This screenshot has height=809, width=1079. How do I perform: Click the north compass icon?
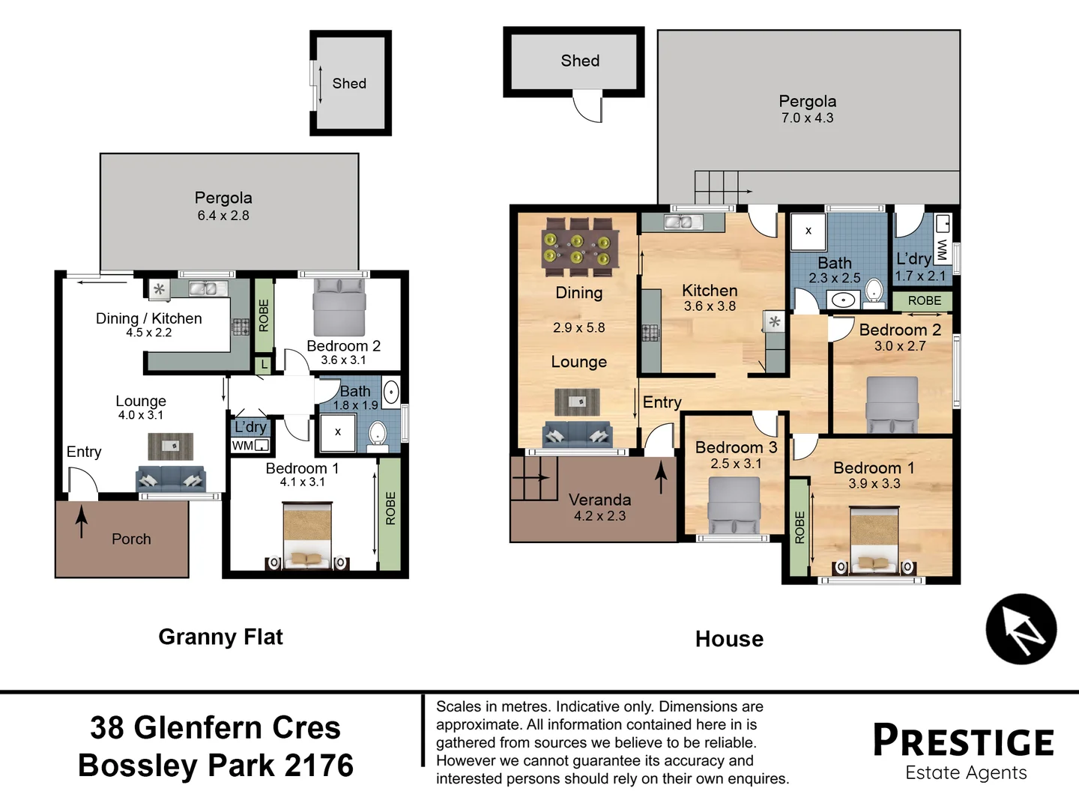coord(1021,629)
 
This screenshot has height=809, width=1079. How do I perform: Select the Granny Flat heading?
coord(220,637)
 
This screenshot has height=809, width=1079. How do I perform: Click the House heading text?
coord(729,639)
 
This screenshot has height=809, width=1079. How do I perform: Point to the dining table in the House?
coord(579,247)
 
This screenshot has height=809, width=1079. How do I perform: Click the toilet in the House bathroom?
coord(874,291)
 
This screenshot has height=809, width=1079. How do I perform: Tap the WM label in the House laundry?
coord(942,249)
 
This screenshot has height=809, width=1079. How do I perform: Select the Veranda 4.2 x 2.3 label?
coord(599,507)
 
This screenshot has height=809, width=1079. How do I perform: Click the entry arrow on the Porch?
coord(82,521)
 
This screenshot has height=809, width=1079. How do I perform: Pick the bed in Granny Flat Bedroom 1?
coord(306,535)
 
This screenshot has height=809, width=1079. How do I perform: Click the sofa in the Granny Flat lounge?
coord(171,479)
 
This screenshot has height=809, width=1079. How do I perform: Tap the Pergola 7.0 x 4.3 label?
coord(807,109)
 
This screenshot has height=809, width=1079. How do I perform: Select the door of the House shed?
coord(588,106)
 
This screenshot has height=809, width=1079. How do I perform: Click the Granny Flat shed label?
coord(349,83)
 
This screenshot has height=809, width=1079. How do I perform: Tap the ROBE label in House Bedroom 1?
coord(800,527)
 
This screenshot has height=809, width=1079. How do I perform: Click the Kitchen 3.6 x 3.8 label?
coord(710,297)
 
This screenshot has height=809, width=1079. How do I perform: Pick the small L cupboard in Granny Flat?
coord(264,365)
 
